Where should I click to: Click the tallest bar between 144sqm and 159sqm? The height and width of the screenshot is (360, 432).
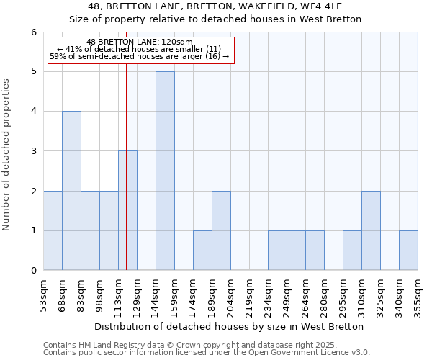(165, 171)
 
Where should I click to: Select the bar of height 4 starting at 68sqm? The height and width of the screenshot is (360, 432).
(71, 191)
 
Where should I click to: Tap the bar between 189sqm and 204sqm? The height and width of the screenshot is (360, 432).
(221, 230)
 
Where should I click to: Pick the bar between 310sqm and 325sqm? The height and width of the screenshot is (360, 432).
(371, 230)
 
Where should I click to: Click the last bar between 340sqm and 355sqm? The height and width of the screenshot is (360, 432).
(408, 251)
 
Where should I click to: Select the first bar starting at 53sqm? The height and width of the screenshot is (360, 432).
(53, 230)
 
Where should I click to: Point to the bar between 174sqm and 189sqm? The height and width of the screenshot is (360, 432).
(202, 251)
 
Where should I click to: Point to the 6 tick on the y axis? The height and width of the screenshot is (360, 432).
(33, 32)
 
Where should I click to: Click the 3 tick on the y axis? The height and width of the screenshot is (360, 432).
(33, 151)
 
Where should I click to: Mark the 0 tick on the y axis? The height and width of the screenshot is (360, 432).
(33, 271)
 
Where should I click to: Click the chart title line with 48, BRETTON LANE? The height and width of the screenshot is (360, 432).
(215, 7)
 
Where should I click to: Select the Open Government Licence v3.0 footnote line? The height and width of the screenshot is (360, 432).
(207, 353)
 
